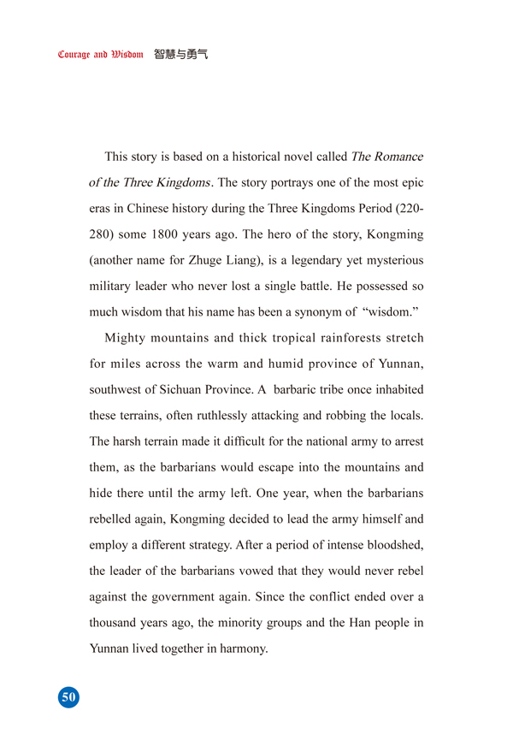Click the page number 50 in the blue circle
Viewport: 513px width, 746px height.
pos(68,697)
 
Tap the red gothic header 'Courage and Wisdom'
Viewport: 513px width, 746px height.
pos(100,55)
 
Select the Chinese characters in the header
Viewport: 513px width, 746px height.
pos(181,54)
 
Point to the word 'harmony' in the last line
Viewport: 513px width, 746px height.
pos(244,648)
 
